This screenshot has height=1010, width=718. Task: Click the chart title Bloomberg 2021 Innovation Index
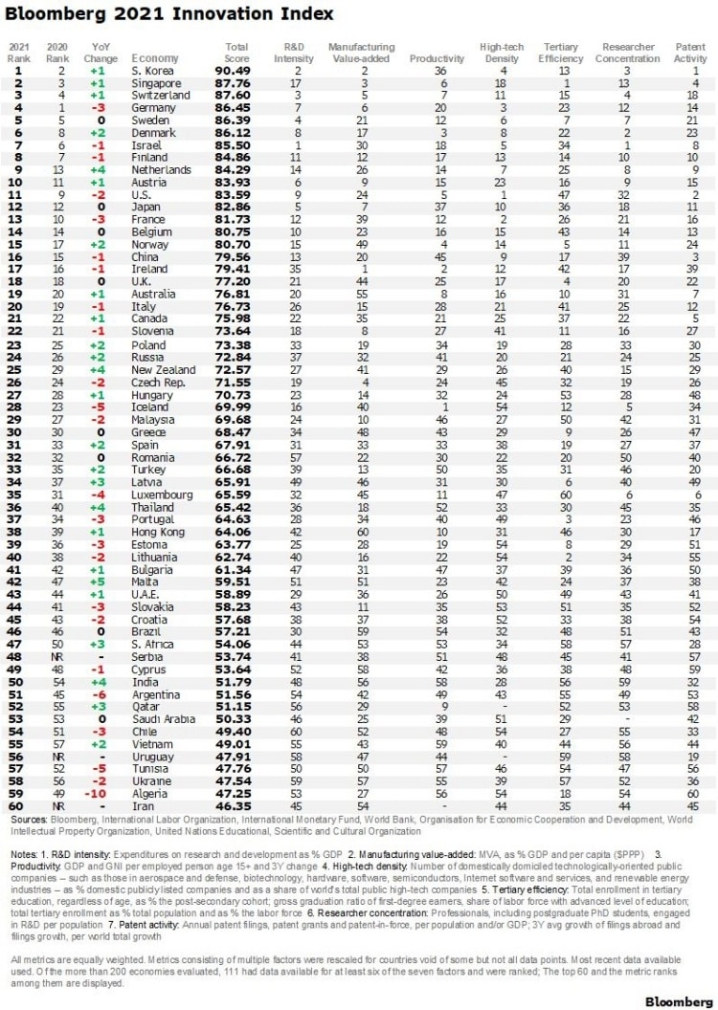170,14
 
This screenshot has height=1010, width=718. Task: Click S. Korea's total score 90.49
236,70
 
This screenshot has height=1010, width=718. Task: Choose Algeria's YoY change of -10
98,793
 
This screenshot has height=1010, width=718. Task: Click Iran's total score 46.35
236,806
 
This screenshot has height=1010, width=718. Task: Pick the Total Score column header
236,53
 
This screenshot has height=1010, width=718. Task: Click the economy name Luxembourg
158,494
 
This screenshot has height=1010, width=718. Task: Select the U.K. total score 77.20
236,282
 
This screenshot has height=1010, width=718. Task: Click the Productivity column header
430,58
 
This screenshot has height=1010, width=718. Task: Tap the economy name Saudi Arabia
162,718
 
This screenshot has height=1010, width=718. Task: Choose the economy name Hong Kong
157,532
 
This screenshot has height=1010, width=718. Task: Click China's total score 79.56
236,257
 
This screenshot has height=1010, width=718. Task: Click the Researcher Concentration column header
627,53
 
